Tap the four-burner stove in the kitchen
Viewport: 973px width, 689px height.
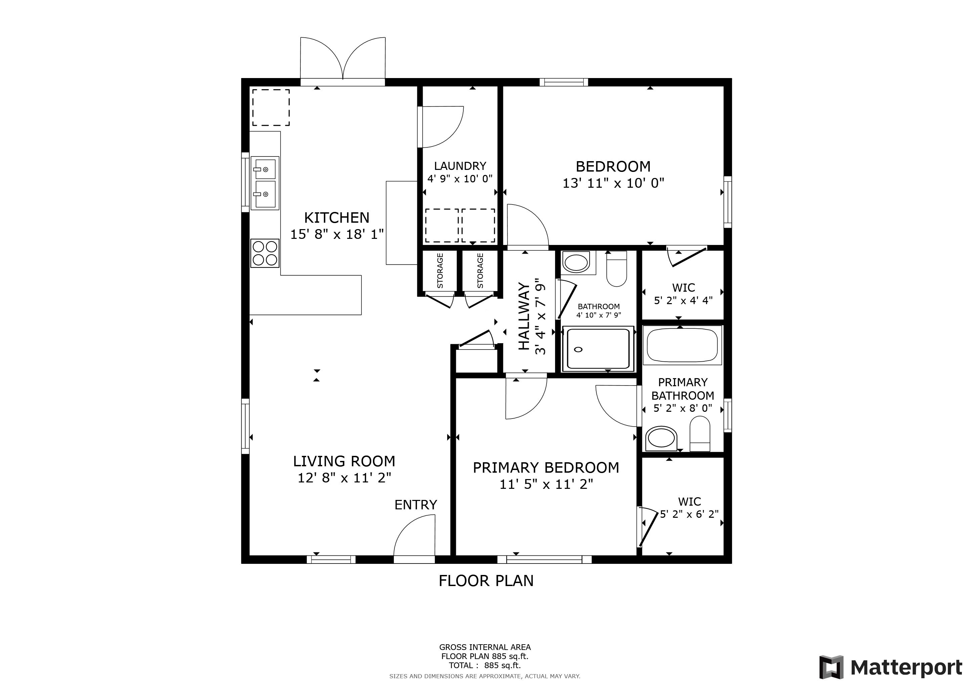point(265,253)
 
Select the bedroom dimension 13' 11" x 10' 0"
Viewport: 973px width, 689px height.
point(613,183)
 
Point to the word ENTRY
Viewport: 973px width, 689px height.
point(415,505)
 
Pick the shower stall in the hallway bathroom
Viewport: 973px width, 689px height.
point(597,349)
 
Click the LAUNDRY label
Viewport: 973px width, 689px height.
point(460,166)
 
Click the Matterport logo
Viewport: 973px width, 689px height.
point(890,668)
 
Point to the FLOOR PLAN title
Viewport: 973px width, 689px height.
point(486,581)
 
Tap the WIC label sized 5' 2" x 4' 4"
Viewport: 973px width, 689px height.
point(683,288)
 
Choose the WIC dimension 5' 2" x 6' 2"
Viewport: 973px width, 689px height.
point(689,514)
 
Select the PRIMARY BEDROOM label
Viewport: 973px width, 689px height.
point(546,468)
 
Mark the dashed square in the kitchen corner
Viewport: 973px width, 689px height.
point(271,107)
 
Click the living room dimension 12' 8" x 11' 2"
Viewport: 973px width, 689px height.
point(344,478)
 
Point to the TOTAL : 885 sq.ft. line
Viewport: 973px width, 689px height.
point(485,665)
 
